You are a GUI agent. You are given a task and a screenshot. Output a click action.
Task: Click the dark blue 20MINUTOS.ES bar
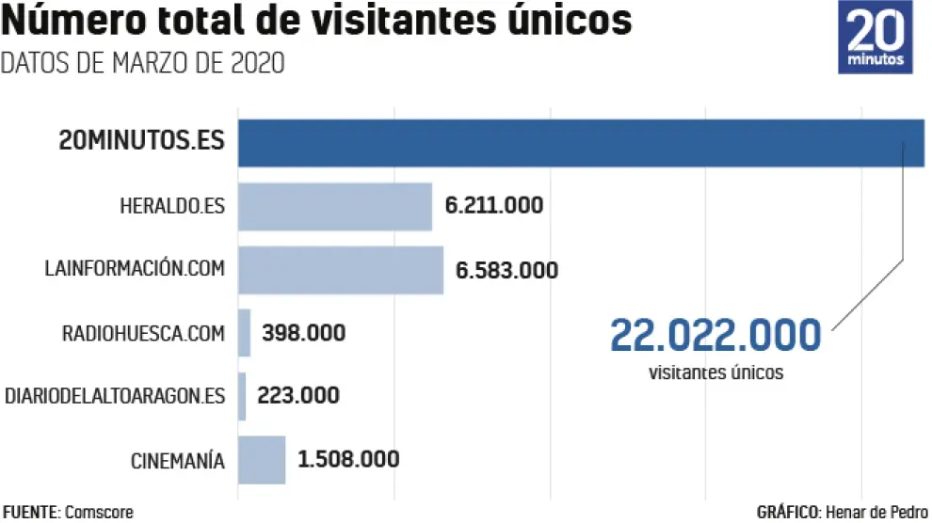click(580, 143)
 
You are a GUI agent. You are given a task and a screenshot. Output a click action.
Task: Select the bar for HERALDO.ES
click(334, 206)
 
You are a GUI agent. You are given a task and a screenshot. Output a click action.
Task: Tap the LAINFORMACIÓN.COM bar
click(340, 269)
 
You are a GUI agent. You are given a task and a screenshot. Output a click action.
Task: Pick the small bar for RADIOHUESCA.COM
click(245, 332)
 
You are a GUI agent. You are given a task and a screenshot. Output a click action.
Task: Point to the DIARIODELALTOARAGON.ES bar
click(242, 396)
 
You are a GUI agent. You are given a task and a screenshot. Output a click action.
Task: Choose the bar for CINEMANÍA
click(262, 459)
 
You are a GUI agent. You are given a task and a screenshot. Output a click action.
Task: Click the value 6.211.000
click(494, 205)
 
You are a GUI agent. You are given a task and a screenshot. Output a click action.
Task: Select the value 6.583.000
click(506, 270)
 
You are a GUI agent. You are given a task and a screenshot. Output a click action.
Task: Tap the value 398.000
click(304, 333)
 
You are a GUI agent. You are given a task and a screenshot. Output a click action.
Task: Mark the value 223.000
click(299, 396)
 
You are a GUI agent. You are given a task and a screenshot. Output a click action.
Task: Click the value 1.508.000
click(348, 459)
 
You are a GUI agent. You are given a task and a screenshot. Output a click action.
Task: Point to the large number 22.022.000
click(715, 335)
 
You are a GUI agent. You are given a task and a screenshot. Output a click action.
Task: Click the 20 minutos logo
click(875, 38)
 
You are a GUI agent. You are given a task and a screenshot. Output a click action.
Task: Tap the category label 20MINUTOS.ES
click(141, 143)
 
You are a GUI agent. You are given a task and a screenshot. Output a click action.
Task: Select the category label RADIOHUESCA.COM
click(143, 333)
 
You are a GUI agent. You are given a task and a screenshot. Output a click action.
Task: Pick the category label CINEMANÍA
click(177, 461)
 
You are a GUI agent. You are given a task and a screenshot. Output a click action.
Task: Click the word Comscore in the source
click(99, 512)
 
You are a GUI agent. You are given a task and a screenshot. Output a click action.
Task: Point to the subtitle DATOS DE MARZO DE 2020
click(142, 64)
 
